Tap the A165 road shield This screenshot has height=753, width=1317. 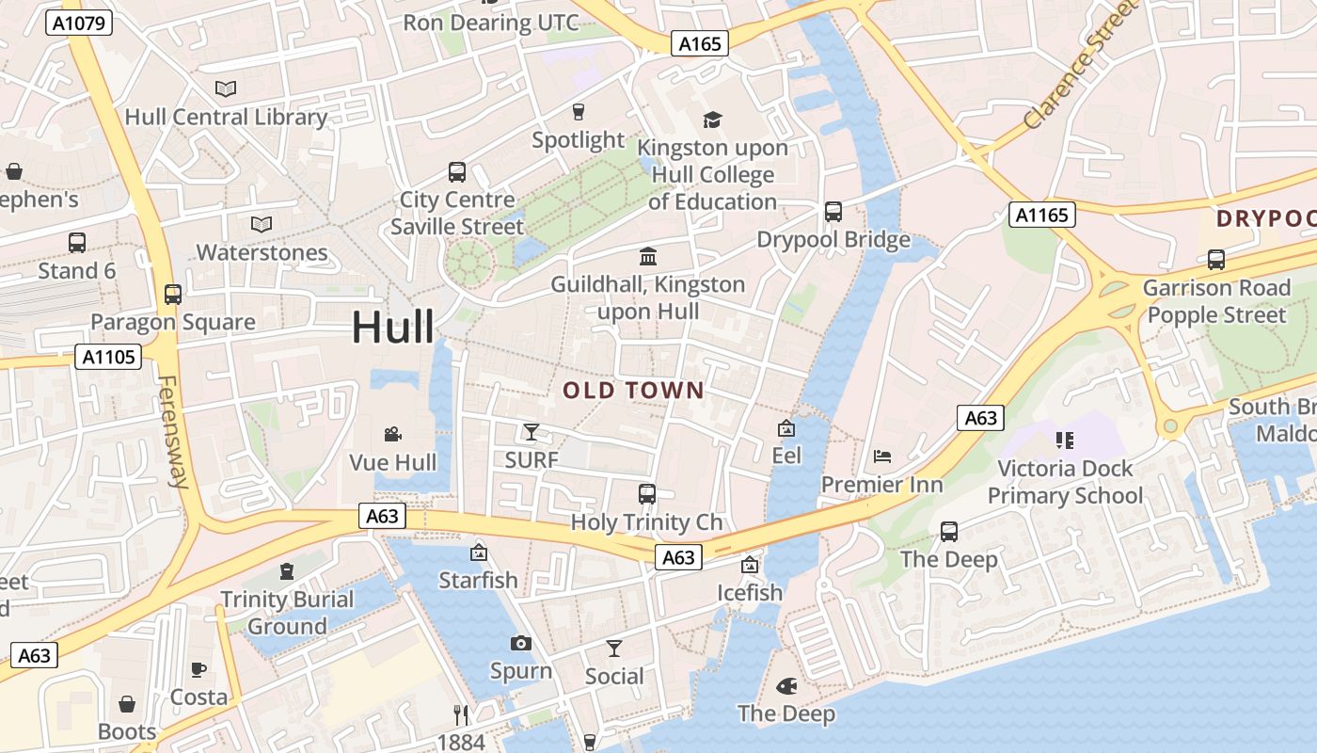700,43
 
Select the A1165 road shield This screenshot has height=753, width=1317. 1042,215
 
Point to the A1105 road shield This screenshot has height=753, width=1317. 108,357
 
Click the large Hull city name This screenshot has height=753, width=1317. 393,328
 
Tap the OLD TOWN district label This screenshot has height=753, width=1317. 633,391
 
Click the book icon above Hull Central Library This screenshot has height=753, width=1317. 226,89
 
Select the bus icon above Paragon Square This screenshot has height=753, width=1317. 173,294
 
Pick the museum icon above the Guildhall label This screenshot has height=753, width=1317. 648,256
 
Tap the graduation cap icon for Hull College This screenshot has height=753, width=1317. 712,120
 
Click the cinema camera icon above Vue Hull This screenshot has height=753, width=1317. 393,434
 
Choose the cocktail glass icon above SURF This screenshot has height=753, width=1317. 532,432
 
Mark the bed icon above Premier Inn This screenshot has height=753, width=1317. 882,457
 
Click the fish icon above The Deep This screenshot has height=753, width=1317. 786,686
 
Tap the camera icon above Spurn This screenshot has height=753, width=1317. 520,643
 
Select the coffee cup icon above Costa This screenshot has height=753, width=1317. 198,669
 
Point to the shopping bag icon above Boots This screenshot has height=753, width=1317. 127,704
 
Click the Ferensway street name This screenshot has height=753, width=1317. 171,432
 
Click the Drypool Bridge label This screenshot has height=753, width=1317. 833,240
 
